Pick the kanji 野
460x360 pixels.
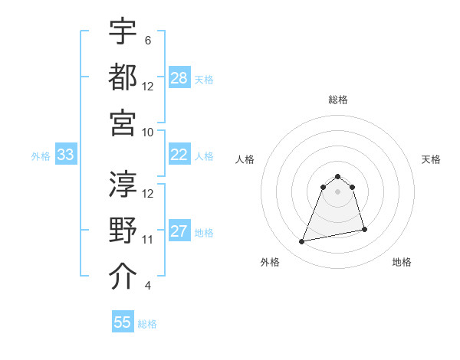tap(123, 231)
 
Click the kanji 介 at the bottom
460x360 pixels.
tap(123, 277)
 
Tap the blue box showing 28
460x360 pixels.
tap(179, 78)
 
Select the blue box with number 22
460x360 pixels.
tap(179, 155)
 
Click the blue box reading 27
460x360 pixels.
tap(179, 231)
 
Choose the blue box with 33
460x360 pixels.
tap(66, 155)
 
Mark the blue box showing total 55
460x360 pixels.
tap(123, 322)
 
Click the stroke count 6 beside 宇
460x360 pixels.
tap(147, 40)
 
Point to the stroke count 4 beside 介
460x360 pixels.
tap(147, 286)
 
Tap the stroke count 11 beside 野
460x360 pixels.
tap(148, 240)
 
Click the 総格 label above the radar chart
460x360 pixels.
tap(338, 100)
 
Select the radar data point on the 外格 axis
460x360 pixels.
tap(302, 242)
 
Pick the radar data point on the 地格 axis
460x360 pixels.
tap(364, 230)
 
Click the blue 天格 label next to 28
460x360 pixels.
tap(204, 80)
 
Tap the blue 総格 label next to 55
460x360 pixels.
tap(147, 324)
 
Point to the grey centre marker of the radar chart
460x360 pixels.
tap(338, 201)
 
